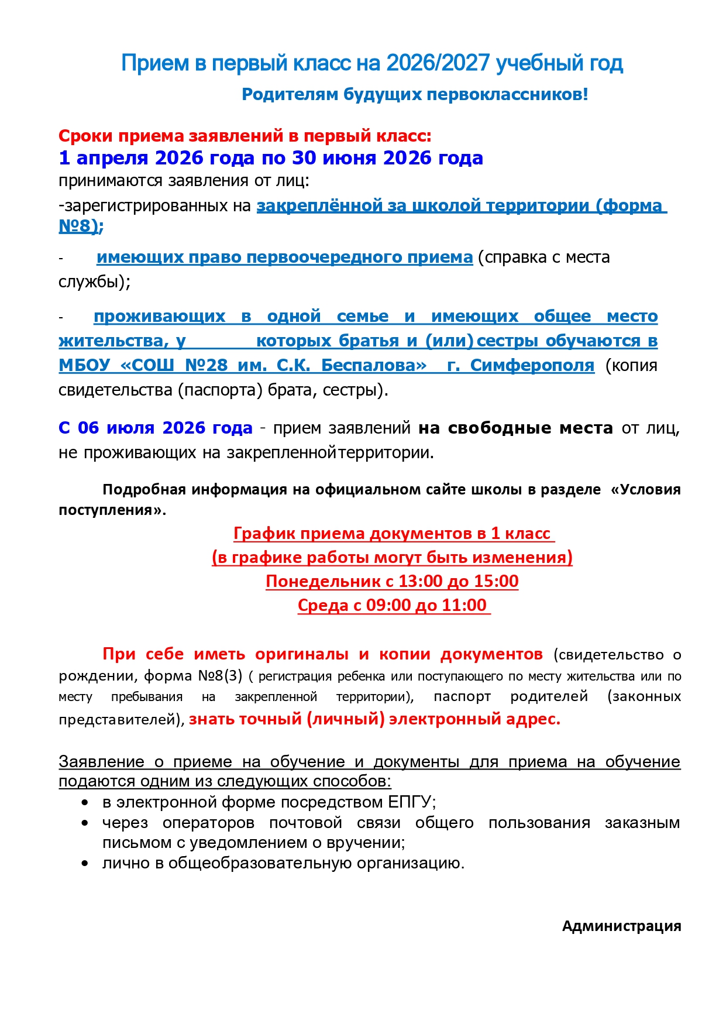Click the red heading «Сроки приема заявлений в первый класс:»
[x=245, y=136]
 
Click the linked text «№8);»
[x=81, y=226]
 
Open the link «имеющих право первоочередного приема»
[x=284, y=257]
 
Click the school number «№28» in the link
[x=206, y=365]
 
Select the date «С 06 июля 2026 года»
[x=155, y=428]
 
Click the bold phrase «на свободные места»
[x=515, y=428]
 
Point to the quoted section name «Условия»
[x=649, y=489]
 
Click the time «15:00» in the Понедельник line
[x=497, y=581]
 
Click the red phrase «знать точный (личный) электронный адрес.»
[x=374, y=719]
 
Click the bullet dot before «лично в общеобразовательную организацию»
[x=85, y=863]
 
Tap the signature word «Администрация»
[x=621, y=926]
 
